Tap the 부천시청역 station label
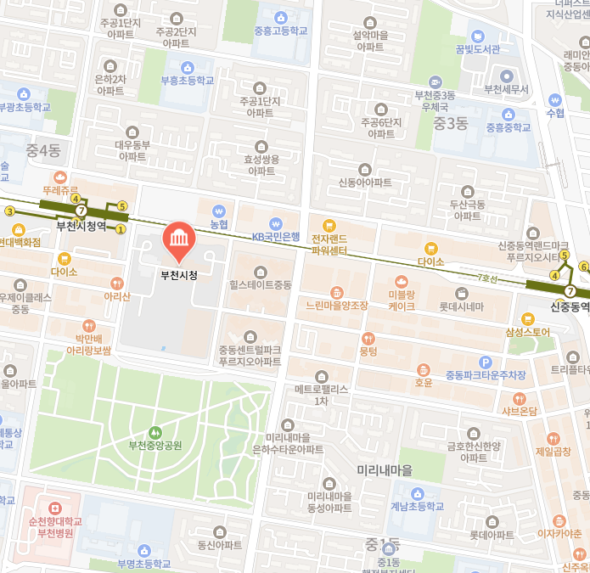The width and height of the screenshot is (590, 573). [x=81, y=226]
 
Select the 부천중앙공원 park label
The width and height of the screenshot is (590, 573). [x=155, y=445]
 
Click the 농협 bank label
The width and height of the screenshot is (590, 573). [x=219, y=225]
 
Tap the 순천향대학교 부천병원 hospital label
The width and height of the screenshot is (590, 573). [x=55, y=526]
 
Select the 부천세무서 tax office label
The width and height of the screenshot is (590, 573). [x=506, y=88]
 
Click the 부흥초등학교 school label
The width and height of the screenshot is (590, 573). [x=187, y=81]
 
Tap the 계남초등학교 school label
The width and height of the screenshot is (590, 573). [x=417, y=506]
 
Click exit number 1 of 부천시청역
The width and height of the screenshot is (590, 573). [x=121, y=228]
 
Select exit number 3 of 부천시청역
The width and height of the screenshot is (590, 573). [x=9, y=211]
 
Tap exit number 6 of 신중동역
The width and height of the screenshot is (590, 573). [x=583, y=267]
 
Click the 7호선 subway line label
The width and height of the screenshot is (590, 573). [x=487, y=278]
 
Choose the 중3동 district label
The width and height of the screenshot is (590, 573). [x=450, y=124]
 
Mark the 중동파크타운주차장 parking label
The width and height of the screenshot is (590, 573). [x=486, y=374]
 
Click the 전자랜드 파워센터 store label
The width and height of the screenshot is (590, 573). [x=329, y=244]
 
